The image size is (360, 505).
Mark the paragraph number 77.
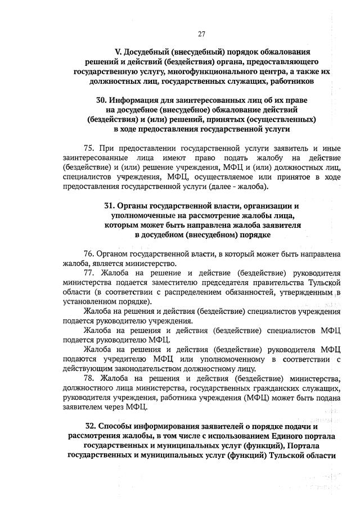pyautogui.click(x=89, y=273)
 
